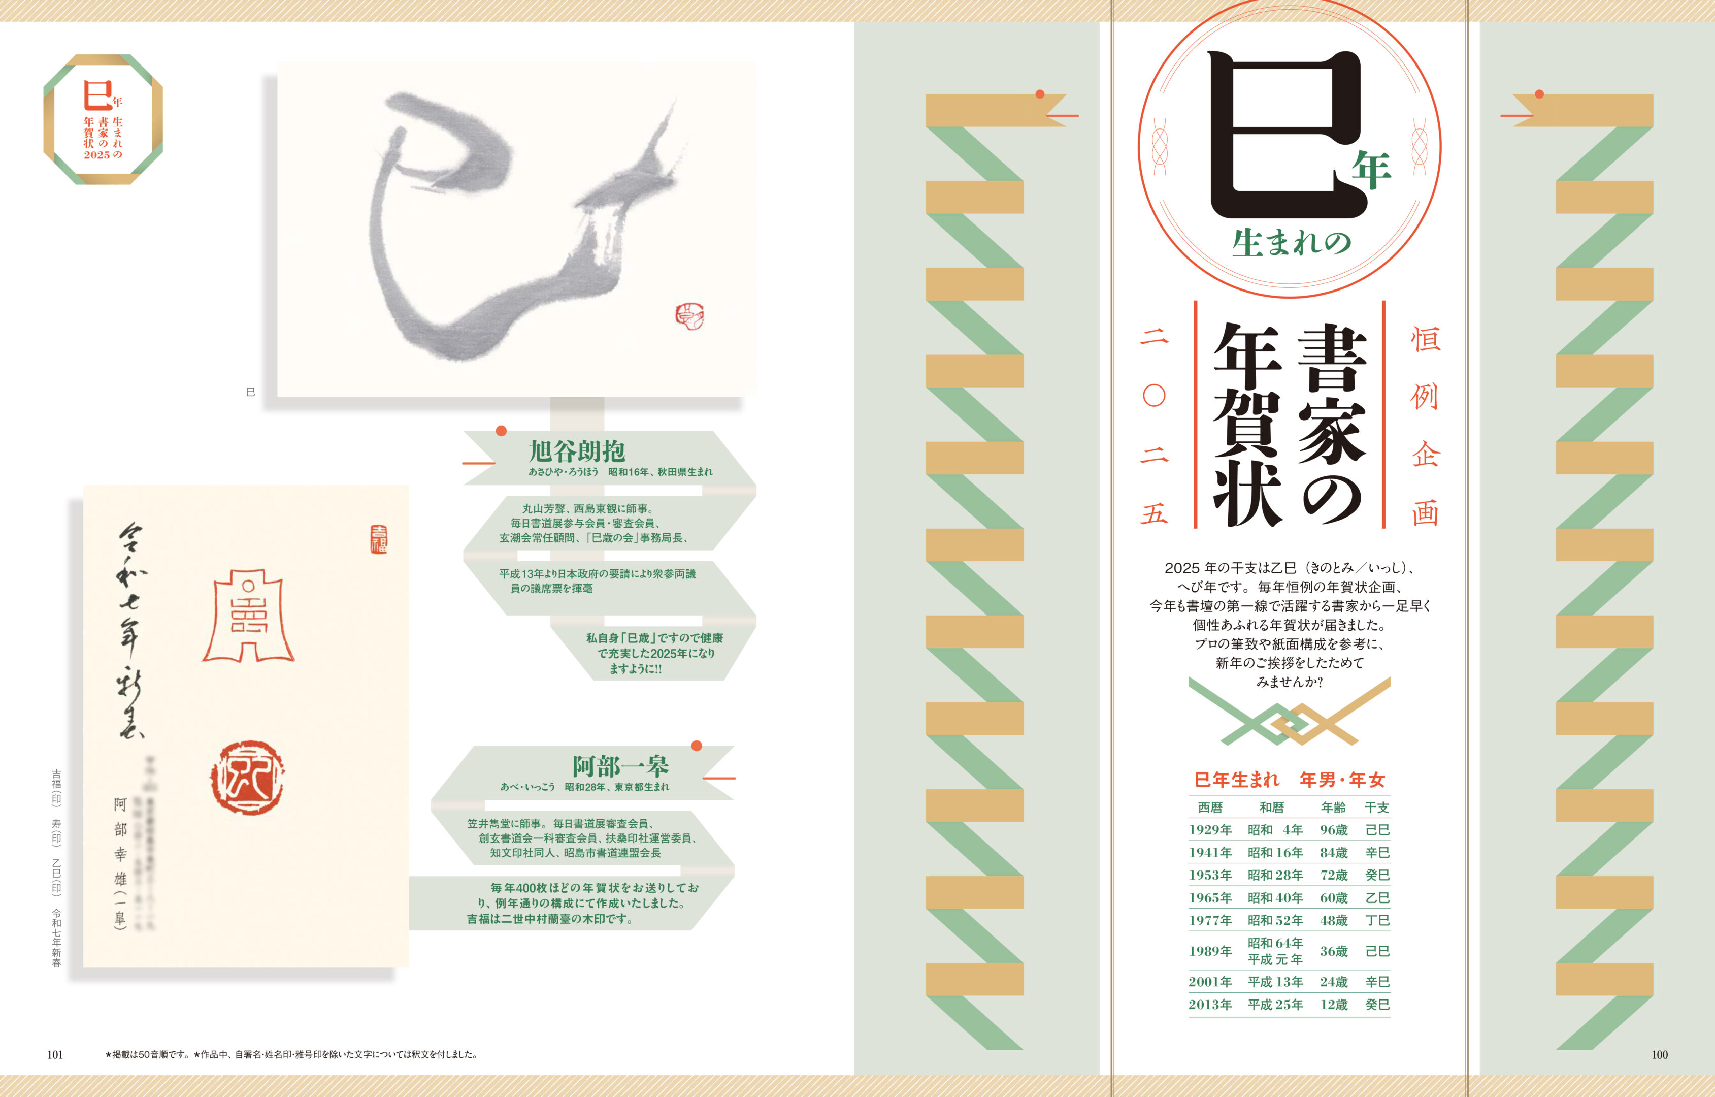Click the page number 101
coord(55,1055)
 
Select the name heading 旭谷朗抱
coord(577,451)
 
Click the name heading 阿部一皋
coord(620,766)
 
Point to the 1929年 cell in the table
coord(1210,830)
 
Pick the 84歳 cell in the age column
coord(1333,853)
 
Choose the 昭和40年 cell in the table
coord(1275,897)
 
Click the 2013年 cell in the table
coord(1210,1005)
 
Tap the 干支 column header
coord(1377,807)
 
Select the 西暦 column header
coord(1210,807)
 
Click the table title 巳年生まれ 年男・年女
coord(1289,780)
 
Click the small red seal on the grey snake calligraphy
coord(689,317)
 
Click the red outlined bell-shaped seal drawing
coord(249,616)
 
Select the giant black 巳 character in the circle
coord(1275,135)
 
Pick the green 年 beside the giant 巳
coord(1371,170)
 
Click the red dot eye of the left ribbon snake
coord(1040,94)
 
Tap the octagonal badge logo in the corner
coord(103,119)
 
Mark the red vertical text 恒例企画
coord(1425,425)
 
